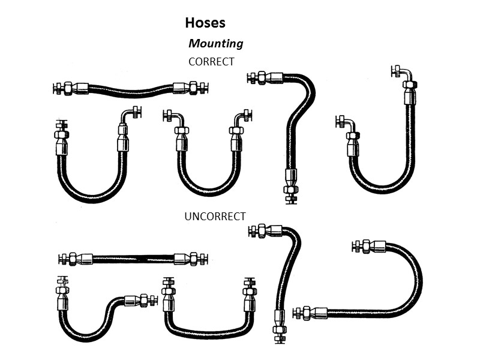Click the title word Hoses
[x=205, y=23]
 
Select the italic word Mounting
[x=215, y=43]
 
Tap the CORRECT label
[x=211, y=61]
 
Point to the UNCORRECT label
[x=215, y=216]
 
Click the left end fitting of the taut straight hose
[x=75, y=259]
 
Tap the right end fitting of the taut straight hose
[x=191, y=259]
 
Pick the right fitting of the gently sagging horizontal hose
[x=191, y=88]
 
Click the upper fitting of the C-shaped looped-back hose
[x=367, y=246]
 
